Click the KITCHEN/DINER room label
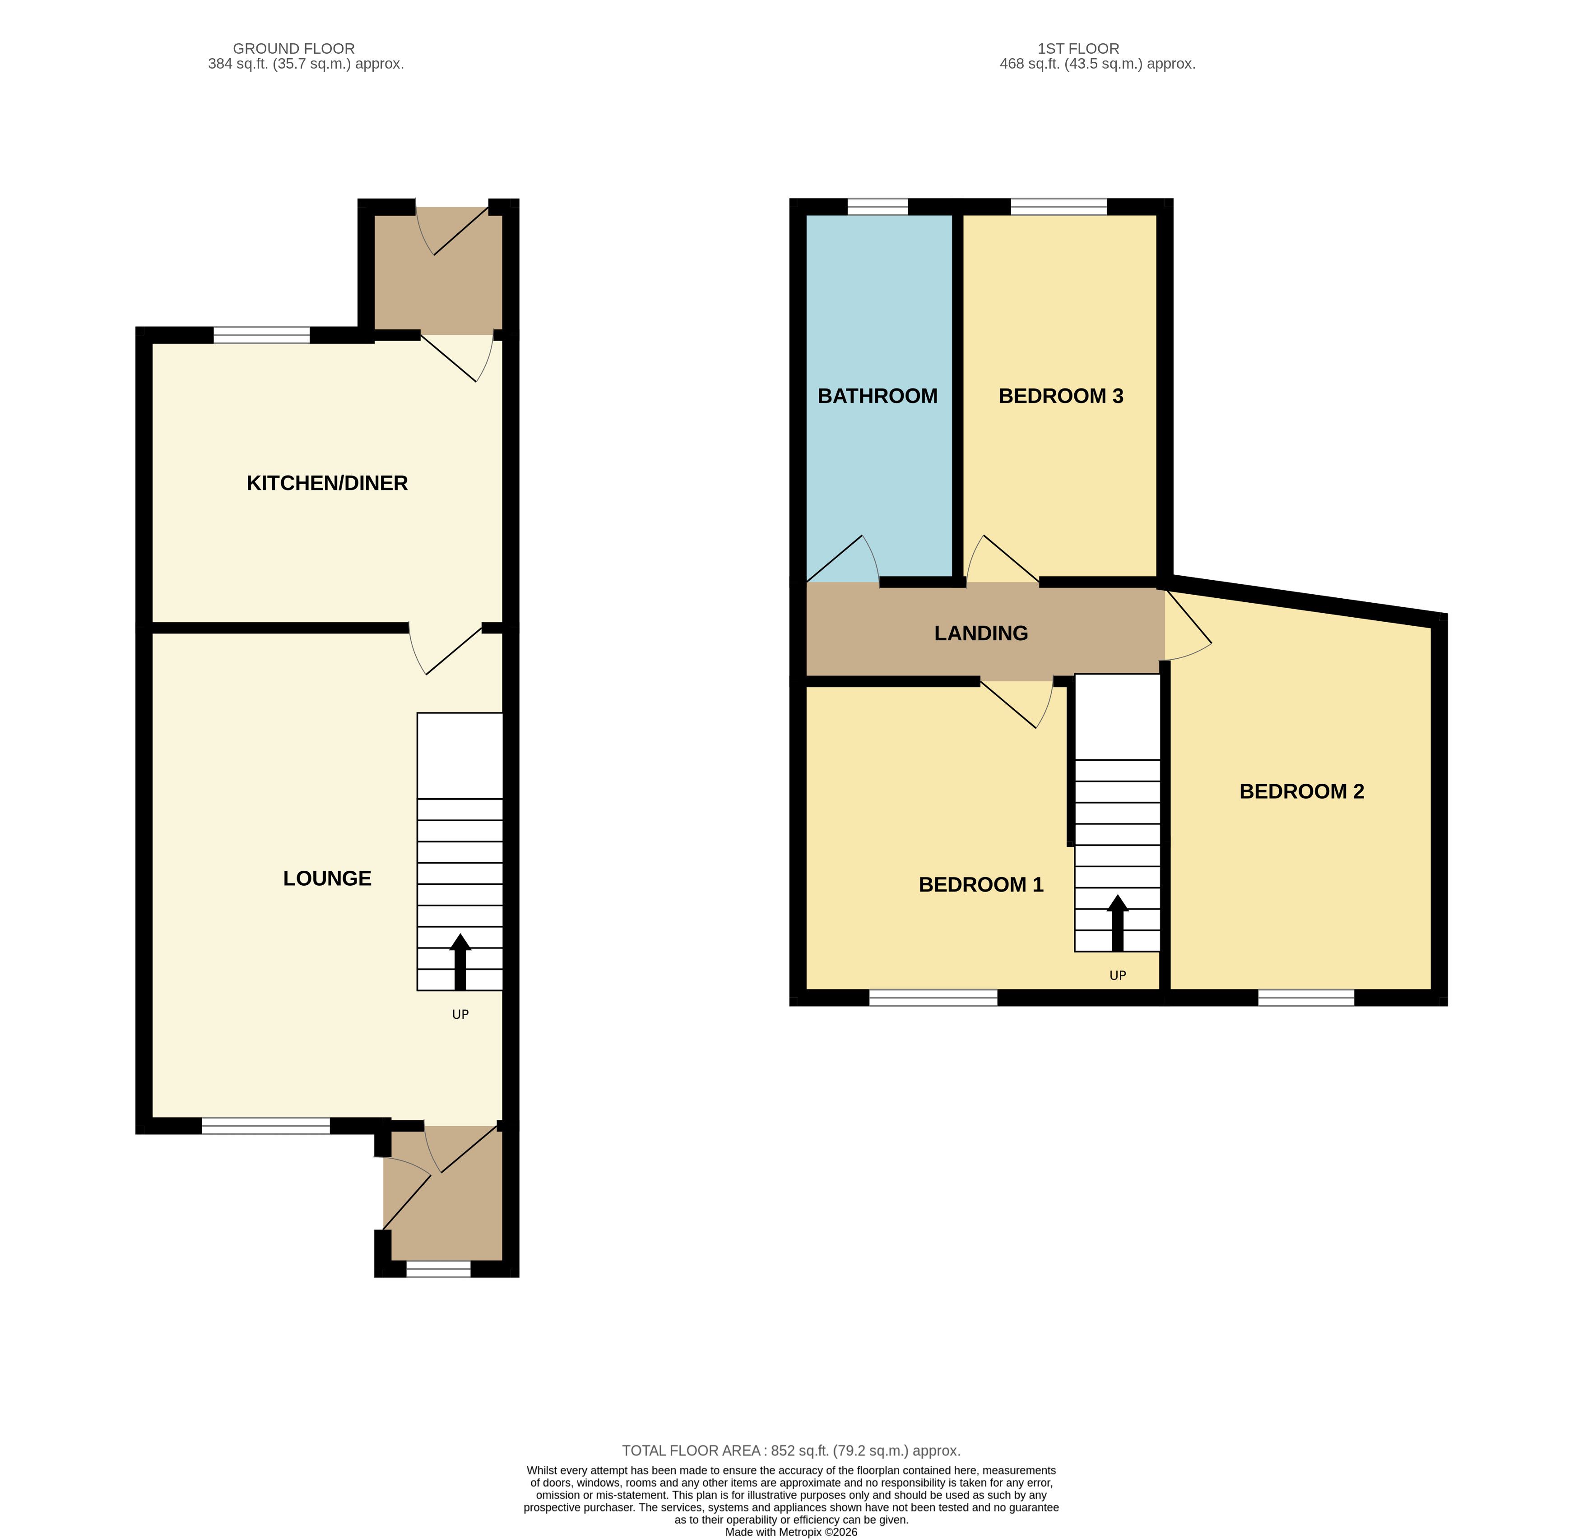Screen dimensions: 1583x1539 pyautogui.click(x=327, y=483)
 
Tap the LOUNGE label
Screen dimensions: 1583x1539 pyautogui.click(x=327, y=878)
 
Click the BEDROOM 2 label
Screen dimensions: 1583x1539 pyautogui.click(x=1302, y=791)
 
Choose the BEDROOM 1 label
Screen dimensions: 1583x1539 pyautogui.click(x=981, y=885)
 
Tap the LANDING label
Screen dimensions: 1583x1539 pyautogui.click(x=981, y=634)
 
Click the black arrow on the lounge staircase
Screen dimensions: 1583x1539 pyautogui.click(x=460, y=962)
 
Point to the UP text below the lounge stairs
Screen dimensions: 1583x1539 pyautogui.click(x=460, y=1014)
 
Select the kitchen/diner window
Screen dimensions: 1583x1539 pyautogui.click(x=261, y=335)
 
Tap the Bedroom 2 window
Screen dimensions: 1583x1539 pyautogui.click(x=1306, y=998)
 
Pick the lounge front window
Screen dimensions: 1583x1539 pyautogui.click(x=266, y=1126)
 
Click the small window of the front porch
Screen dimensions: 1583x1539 pyautogui.click(x=438, y=1269)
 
